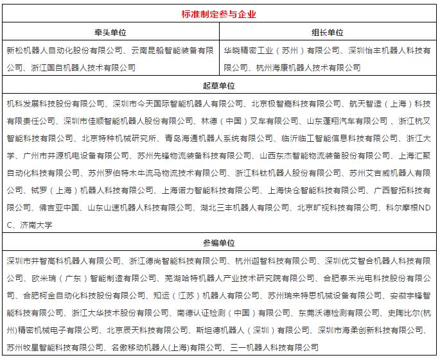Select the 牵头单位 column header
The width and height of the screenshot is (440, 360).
(x=110, y=32)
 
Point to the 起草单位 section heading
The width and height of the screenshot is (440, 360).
(x=220, y=86)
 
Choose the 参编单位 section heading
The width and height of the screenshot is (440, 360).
(x=220, y=243)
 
